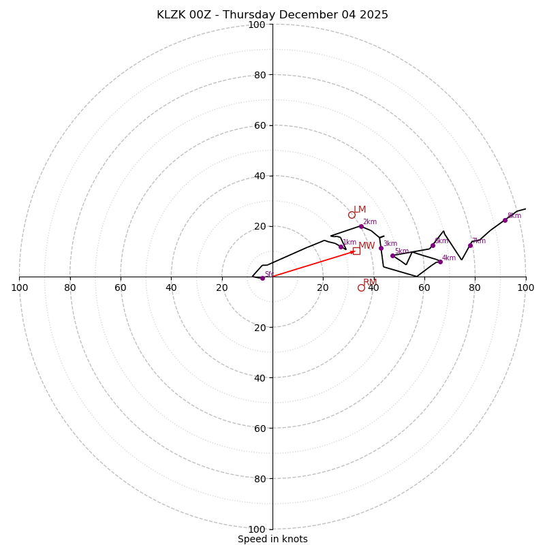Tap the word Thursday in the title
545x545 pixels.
coord(249,15)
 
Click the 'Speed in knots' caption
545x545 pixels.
coord(272,539)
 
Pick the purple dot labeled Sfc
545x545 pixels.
coord(262,278)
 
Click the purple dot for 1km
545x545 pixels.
coord(341,247)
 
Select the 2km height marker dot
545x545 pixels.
coord(361,226)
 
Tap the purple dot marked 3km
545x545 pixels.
coord(381,248)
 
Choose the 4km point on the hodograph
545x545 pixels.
coord(440,262)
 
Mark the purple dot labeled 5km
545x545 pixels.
coord(392,255)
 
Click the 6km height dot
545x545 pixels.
coord(433,245)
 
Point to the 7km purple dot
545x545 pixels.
coord(470,245)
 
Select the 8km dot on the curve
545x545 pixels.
coord(505,220)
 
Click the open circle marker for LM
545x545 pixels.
coord(352,215)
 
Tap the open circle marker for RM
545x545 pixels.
coord(361,287)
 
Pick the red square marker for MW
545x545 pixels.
coord(356,251)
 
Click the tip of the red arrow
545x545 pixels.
coord(355,251)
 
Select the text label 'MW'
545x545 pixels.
coord(367,245)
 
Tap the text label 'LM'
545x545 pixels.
coord(360,209)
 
